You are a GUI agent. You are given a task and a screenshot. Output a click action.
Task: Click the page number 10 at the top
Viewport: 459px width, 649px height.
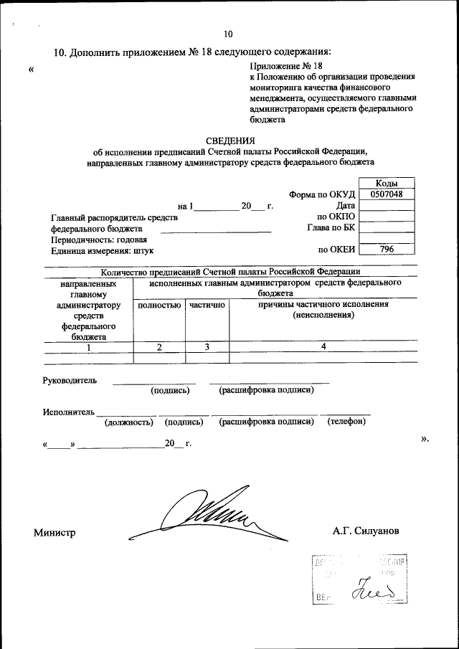228,34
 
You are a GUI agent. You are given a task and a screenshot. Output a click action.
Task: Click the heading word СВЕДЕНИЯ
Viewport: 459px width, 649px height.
229,141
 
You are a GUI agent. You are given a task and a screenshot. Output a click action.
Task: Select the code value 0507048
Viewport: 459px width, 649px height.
387,194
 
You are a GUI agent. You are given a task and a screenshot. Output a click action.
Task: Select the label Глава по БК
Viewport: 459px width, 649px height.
330,228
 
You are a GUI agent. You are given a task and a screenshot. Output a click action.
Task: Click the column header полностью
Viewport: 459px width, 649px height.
158,305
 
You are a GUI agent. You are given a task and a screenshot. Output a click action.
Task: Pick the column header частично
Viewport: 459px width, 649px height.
207,305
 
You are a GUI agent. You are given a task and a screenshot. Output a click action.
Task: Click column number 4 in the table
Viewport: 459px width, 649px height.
323,346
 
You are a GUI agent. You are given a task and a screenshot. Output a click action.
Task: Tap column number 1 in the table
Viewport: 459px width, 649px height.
89,347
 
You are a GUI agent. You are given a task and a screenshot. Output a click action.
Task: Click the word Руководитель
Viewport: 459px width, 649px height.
70,380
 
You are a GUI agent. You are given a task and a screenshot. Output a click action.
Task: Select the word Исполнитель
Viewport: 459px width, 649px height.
68,412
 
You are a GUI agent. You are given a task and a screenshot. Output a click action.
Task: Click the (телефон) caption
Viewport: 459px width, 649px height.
346,422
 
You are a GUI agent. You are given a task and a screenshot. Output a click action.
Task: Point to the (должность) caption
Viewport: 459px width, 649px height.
129,422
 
